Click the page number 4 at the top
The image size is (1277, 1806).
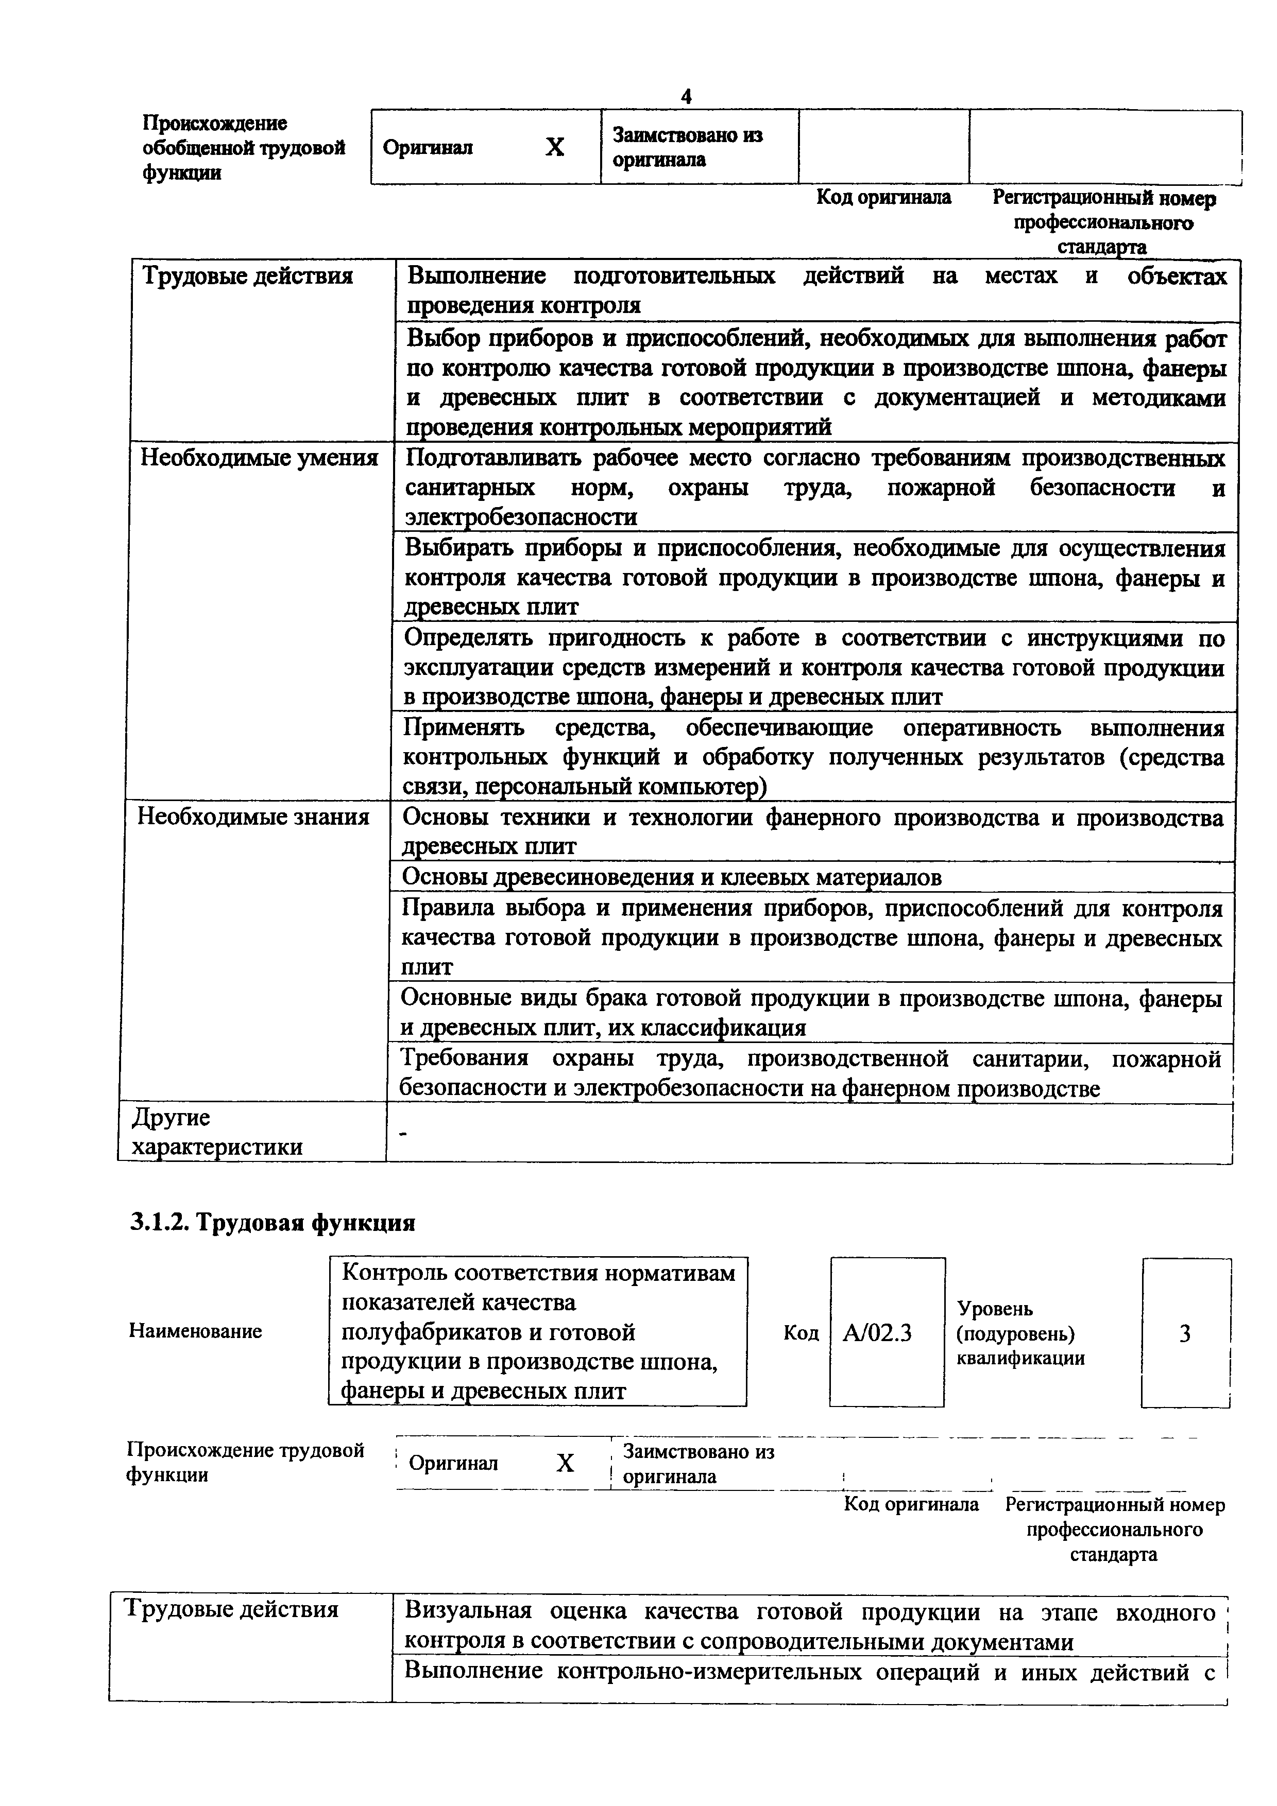[686, 97]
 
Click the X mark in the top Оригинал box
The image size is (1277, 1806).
[555, 147]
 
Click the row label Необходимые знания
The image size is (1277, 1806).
[253, 817]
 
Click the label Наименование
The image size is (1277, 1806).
[195, 1331]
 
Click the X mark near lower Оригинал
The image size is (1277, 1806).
[565, 1463]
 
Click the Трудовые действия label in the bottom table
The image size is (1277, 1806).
[232, 1609]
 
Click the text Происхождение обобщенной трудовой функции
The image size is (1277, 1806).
[244, 148]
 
